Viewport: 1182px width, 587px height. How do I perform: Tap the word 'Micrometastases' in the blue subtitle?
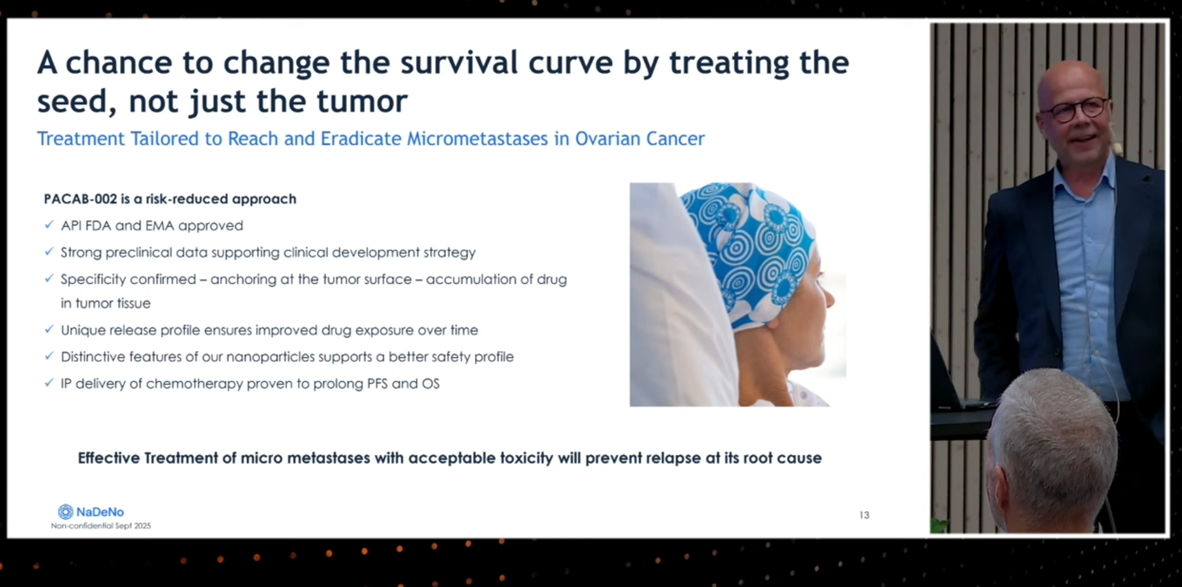tap(477, 138)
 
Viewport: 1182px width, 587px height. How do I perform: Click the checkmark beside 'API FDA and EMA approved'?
tap(49, 224)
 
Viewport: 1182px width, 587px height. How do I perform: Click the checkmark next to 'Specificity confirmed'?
tap(49, 278)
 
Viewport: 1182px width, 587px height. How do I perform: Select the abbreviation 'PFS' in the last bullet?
tap(377, 384)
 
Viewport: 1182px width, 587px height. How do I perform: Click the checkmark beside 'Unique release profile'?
tap(49, 329)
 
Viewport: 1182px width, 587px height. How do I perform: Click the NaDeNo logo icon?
tap(65, 512)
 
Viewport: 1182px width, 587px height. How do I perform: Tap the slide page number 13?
tap(864, 515)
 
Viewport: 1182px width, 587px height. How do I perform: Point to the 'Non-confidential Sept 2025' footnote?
tap(101, 526)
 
